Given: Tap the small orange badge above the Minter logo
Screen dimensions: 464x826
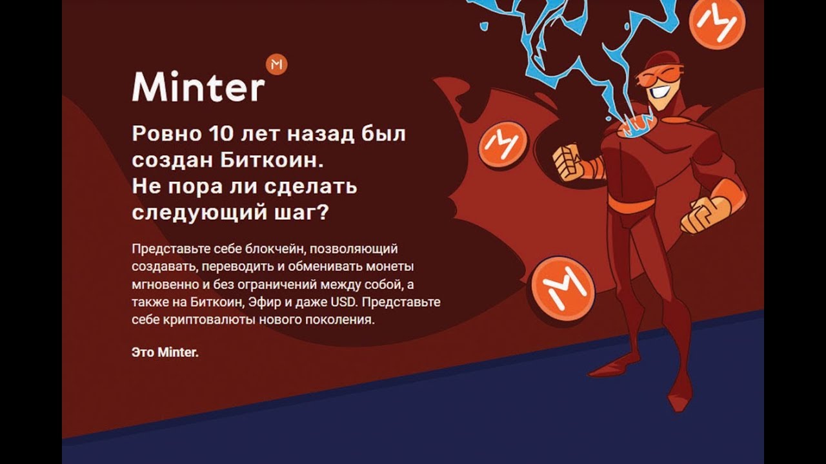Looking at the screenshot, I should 276,64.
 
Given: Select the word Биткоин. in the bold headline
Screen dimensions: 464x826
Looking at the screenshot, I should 276,161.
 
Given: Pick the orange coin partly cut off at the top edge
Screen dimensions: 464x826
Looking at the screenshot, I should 716,21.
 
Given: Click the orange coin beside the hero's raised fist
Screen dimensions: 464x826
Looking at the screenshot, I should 502,142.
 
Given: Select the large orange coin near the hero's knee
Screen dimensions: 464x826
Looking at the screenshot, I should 560,285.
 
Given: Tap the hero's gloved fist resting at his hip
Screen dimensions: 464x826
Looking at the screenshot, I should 705,214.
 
